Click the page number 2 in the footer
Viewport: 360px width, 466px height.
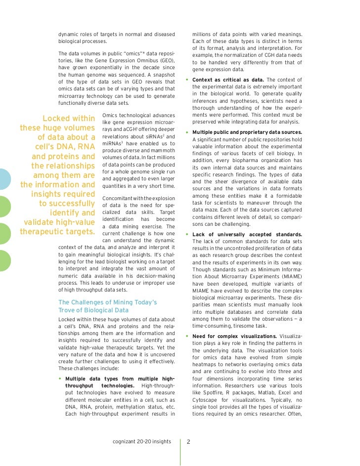point(188,442)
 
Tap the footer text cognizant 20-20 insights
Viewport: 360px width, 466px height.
point(142,441)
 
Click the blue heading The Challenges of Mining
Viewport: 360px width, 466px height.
point(107,302)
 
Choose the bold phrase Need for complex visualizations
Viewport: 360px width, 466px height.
point(234,336)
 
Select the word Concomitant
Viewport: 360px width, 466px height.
point(119,198)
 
